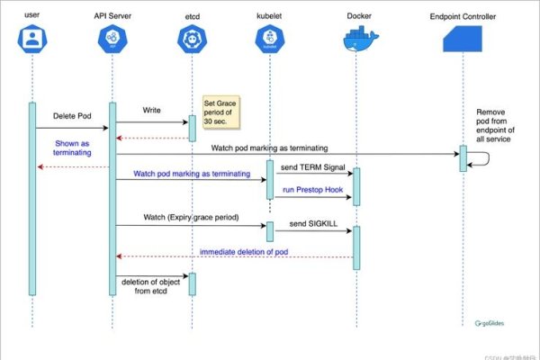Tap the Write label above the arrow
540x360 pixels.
pyautogui.click(x=153, y=110)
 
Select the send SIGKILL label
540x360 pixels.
pyautogui.click(x=310, y=221)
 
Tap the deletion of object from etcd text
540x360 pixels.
pyautogui.click(x=150, y=287)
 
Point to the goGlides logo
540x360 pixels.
pyautogui.click(x=495, y=320)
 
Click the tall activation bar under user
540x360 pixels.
pyautogui.click(x=32, y=198)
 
